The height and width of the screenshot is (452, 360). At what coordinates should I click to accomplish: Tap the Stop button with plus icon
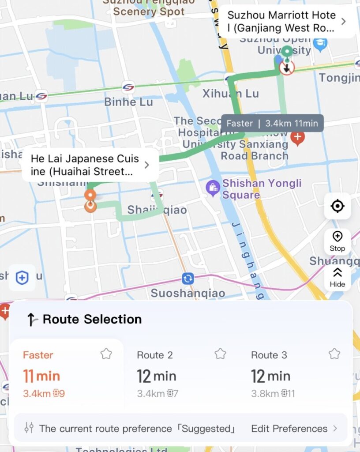pos(337,241)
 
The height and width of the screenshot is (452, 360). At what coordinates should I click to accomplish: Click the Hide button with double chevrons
pos(337,277)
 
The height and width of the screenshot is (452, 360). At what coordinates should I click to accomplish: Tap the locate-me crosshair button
pos(337,206)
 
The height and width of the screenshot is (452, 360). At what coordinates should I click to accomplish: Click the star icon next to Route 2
pos(220,354)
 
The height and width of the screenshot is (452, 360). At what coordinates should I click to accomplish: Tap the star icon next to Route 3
pos(334,354)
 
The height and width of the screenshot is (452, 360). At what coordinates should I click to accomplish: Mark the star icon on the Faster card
pos(106,354)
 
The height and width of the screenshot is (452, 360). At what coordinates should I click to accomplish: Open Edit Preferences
pos(294,429)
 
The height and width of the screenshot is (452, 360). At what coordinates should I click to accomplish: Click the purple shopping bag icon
pos(213,188)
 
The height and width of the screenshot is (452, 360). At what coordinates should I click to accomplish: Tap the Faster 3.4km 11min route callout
pos(272,124)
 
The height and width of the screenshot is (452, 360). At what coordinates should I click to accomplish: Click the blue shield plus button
pos(22,278)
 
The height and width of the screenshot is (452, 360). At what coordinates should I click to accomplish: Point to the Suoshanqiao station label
pos(188,293)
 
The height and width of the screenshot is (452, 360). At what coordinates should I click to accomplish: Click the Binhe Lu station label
pos(128,102)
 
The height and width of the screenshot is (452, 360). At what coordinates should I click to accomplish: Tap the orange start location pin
pos(90,196)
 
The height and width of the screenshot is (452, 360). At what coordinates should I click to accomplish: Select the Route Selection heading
pos(92,319)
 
